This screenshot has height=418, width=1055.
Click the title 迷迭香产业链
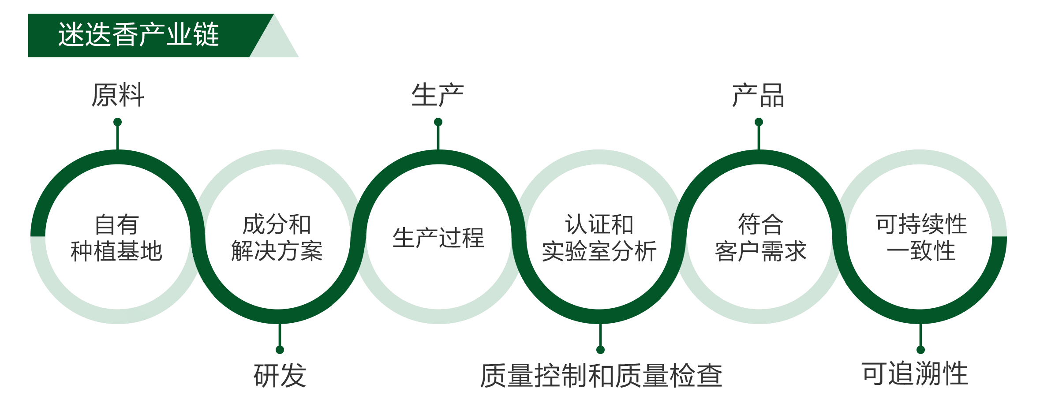pyautogui.click(x=138, y=35)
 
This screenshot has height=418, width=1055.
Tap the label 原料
pyautogui.click(x=118, y=95)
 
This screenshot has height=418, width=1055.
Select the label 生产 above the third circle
pyautogui.click(x=438, y=95)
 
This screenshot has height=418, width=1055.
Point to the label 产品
pyautogui.click(x=758, y=95)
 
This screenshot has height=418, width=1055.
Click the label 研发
pyautogui.click(x=280, y=375)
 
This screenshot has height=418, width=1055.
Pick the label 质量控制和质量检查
pyautogui.click(x=601, y=376)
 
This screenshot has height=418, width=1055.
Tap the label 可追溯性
pyautogui.click(x=915, y=373)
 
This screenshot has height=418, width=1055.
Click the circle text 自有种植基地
pyautogui.click(x=117, y=238)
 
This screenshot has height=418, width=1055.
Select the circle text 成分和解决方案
pyautogui.click(x=277, y=238)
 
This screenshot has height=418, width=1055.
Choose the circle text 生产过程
pyautogui.click(x=438, y=238)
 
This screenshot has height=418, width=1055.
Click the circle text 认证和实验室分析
pyautogui.click(x=599, y=238)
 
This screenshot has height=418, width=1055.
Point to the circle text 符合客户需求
pyautogui.click(x=760, y=238)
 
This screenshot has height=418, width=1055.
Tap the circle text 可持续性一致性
pyautogui.click(x=921, y=238)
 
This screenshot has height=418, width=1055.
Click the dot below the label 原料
pyautogui.click(x=117, y=122)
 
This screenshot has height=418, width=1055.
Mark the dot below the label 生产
pyautogui.click(x=438, y=122)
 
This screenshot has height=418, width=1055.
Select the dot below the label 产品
pyautogui.click(x=759, y=122)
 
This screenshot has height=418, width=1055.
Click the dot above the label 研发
pyautogui.click(x=280, y=350)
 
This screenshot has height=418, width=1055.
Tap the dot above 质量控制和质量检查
pyautogui.click(x=600, y=350)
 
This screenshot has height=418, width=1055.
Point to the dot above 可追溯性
pyautogui.click(x=920, y=350)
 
